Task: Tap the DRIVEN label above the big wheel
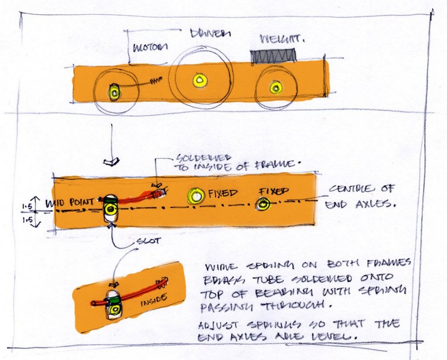(x=210, y=34)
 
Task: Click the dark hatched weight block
(x=272, y=56)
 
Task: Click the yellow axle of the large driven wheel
(x=198, y=79)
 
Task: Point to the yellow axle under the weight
(x=275, y=88)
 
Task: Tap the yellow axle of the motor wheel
(x=114, y=92)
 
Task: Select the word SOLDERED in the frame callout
(x=197, y=157)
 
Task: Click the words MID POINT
(x=70, y=204)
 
